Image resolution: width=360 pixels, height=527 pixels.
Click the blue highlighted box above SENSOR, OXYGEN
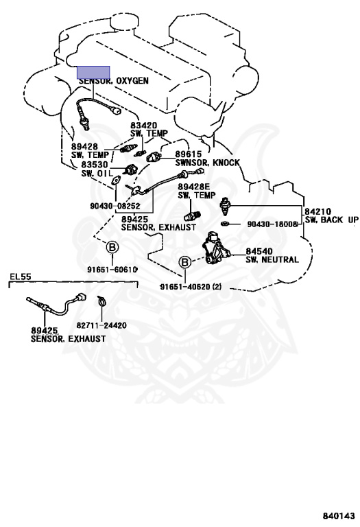coord(93,72)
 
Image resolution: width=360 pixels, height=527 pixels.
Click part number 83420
coord(144,126)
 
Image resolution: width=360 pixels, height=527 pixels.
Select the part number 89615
coord(189,154)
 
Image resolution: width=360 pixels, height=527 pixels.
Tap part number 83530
coord(95,165)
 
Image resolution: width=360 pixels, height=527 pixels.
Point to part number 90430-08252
coord(115,206)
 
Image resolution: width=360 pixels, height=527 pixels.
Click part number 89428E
coord(194,187)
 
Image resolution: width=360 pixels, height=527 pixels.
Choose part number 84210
coord(317,212)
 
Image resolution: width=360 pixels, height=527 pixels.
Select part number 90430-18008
coord(272,224)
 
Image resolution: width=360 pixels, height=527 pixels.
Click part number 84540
coord(259,251)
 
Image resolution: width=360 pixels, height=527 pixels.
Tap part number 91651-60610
coord(112,269)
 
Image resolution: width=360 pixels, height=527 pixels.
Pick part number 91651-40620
coord(185,287)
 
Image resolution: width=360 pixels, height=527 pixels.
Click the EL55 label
coord(21,277)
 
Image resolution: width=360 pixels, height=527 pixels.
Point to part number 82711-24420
coord(101,325)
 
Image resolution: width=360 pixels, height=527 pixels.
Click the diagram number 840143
coord(339,515)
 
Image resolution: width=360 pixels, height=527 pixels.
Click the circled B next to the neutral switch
coord(185,262)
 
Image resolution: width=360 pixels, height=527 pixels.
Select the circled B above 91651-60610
coord(112,248)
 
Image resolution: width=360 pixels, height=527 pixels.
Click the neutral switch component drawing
coord(215,248)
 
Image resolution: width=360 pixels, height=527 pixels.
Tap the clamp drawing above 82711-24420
coord(101,301)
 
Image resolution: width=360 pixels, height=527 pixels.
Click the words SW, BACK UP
coord(332,220)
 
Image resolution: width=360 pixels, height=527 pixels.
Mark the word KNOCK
coord(227,163)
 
